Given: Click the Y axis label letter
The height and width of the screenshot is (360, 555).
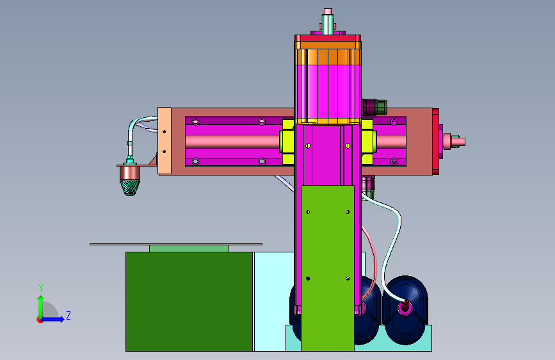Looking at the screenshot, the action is (x=41, y=288).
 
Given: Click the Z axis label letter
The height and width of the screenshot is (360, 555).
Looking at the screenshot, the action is (x=68, y=315).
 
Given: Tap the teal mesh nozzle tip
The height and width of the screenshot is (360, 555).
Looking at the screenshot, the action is (x=129, y=188).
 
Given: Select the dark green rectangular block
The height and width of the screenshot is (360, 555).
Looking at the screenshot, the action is (x=189, y=302).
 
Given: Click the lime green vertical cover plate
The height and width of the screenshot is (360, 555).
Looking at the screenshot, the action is (x=327, y=268).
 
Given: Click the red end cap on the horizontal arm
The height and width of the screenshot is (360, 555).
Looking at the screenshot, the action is (x=435, y=142).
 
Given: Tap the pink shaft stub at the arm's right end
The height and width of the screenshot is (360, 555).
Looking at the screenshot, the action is (x=455, y=142).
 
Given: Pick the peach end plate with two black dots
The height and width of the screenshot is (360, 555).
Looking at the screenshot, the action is (x=165, y=141).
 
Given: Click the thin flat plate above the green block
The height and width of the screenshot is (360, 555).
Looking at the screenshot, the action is (x=176, y=244).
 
